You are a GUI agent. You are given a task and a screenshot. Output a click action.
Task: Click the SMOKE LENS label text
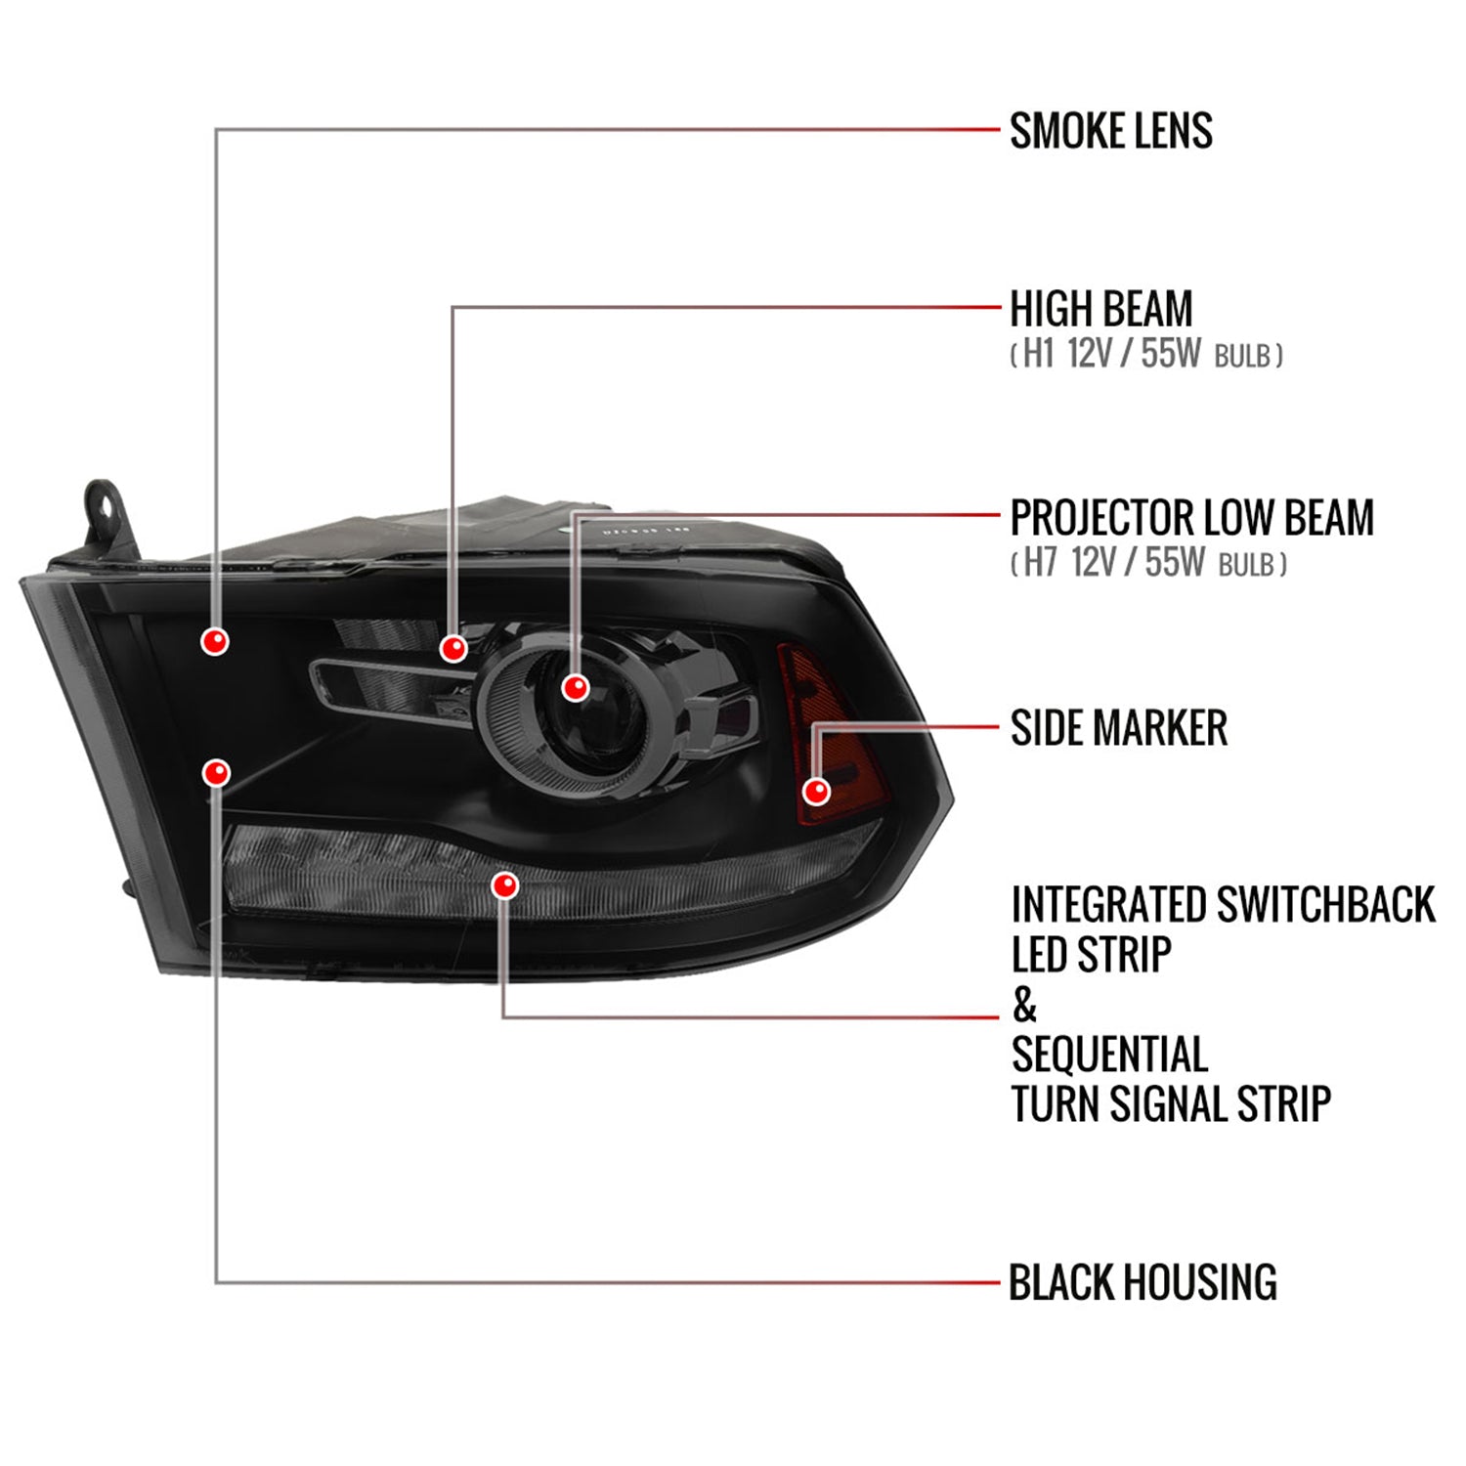coord(1110,131)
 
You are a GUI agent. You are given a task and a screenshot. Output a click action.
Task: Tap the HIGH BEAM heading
coord(1100,309)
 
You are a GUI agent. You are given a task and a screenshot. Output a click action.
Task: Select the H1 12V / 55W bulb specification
coord(1145,354)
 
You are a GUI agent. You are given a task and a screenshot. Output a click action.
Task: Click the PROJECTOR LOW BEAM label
coord(1191,518)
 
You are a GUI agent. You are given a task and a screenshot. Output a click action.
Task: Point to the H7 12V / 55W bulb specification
coord(1148,563)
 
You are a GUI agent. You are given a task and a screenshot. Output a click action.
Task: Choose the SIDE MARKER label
coord(1118,728)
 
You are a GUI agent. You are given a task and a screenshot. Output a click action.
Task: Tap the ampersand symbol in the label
coord(1023,1005)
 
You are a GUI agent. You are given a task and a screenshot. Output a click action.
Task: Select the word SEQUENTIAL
coord(1109,1055)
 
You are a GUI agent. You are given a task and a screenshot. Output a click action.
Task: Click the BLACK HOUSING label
coord(1142,1282)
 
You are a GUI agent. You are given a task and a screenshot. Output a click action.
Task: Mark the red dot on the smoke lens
coord(215,641)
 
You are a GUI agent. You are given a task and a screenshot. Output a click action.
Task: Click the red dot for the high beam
coord(453,648)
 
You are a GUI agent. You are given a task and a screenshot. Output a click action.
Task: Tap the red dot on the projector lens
coord(576,687)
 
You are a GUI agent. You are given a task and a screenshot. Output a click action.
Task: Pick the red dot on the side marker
coord(816,791)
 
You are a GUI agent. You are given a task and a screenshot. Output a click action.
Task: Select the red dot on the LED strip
coord(505,885)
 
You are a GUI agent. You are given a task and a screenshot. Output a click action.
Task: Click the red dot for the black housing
coord(216,773)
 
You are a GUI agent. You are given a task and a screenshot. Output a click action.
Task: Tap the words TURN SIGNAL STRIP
coord(1170,1104)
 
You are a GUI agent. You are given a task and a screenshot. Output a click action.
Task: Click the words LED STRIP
coord(1091,955)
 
